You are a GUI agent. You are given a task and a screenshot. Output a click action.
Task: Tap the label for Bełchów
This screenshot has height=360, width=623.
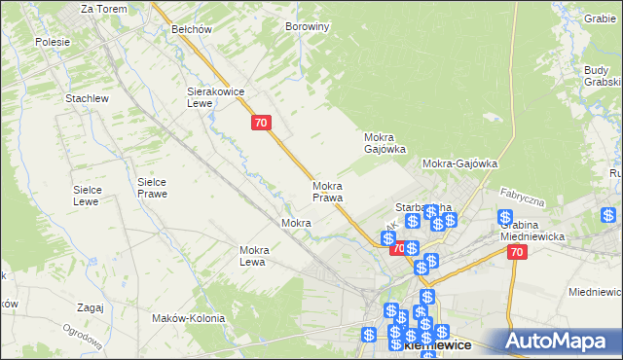click(192, 29)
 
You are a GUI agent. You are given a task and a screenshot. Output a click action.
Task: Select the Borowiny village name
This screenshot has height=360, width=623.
click(308, 26)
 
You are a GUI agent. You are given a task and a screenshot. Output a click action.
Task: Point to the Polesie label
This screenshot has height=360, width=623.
click(52, 42)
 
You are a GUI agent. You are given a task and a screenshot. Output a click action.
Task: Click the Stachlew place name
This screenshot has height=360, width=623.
click(86, 98)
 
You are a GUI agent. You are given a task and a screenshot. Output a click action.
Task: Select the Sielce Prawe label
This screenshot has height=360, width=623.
click(152, 188)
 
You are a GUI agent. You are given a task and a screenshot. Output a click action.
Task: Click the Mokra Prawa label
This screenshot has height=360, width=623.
click(328, 192)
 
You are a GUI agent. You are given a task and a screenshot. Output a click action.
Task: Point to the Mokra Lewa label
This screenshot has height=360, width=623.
click(253, 256)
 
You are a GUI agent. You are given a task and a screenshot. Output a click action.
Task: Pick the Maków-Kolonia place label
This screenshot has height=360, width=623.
click(189, 318)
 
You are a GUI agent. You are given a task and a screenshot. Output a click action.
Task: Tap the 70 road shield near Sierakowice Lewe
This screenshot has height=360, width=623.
click(260, 123)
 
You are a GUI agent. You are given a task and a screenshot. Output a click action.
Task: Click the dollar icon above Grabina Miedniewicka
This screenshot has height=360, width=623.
click(504, 217)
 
